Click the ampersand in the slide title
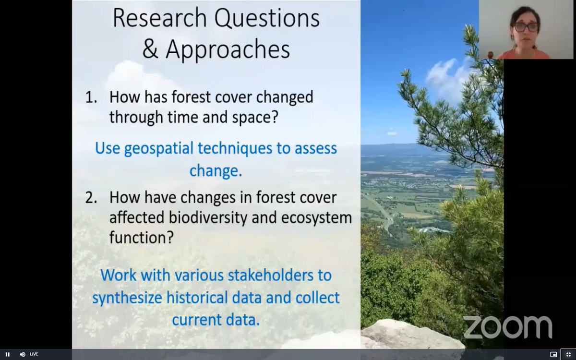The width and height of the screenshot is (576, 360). (x=150, y=49)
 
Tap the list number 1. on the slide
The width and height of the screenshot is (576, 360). (x=91, y=97)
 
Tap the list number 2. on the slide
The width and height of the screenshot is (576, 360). (x=91, y=197)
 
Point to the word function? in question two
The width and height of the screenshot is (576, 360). (x=141, y=237)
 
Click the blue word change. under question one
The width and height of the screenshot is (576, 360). (x=216, y=170)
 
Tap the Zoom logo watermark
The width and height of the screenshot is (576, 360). (x=507, y=327)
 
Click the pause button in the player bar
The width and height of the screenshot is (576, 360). (x=8, y=354)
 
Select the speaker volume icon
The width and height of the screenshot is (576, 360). (x=22, y=354)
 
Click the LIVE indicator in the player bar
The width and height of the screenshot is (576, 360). (x=34, y=354)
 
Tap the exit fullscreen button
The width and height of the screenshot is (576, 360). (x=568, y=354)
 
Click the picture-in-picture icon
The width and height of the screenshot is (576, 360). (x=553, y=354)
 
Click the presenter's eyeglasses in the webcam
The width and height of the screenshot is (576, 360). (x=526, y=27)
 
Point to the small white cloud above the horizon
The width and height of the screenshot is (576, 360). (x=392, y=132)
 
